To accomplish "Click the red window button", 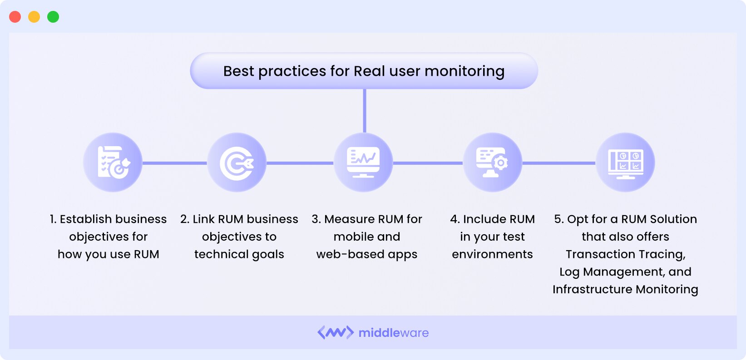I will click(x=15, y=17).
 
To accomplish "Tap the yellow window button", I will click(x=34, y=17).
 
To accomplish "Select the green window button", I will click(x=53, y=17).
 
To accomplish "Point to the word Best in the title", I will click(x=238, y=71).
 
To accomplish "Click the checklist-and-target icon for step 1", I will click(x=113, y=163).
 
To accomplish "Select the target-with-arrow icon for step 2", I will click(x=237, y=163).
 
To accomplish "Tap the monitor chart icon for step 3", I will click(x=363, y=163).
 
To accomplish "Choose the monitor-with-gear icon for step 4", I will click(x=492, y=163).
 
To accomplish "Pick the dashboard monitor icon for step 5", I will click(x=625, y=163).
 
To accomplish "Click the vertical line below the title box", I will click(x=364, y=111).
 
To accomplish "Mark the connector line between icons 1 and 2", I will click(x=175, y=163).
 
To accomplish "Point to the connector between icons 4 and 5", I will click(x=558, y=163).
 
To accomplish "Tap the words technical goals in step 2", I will click(x=239, y=254).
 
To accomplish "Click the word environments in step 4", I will click(x=492, y=254).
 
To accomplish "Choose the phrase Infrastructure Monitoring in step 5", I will click(x=625, y=290).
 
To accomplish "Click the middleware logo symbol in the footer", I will click(x=335, y=333).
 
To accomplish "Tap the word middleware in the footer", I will click(x=393, y=333).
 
